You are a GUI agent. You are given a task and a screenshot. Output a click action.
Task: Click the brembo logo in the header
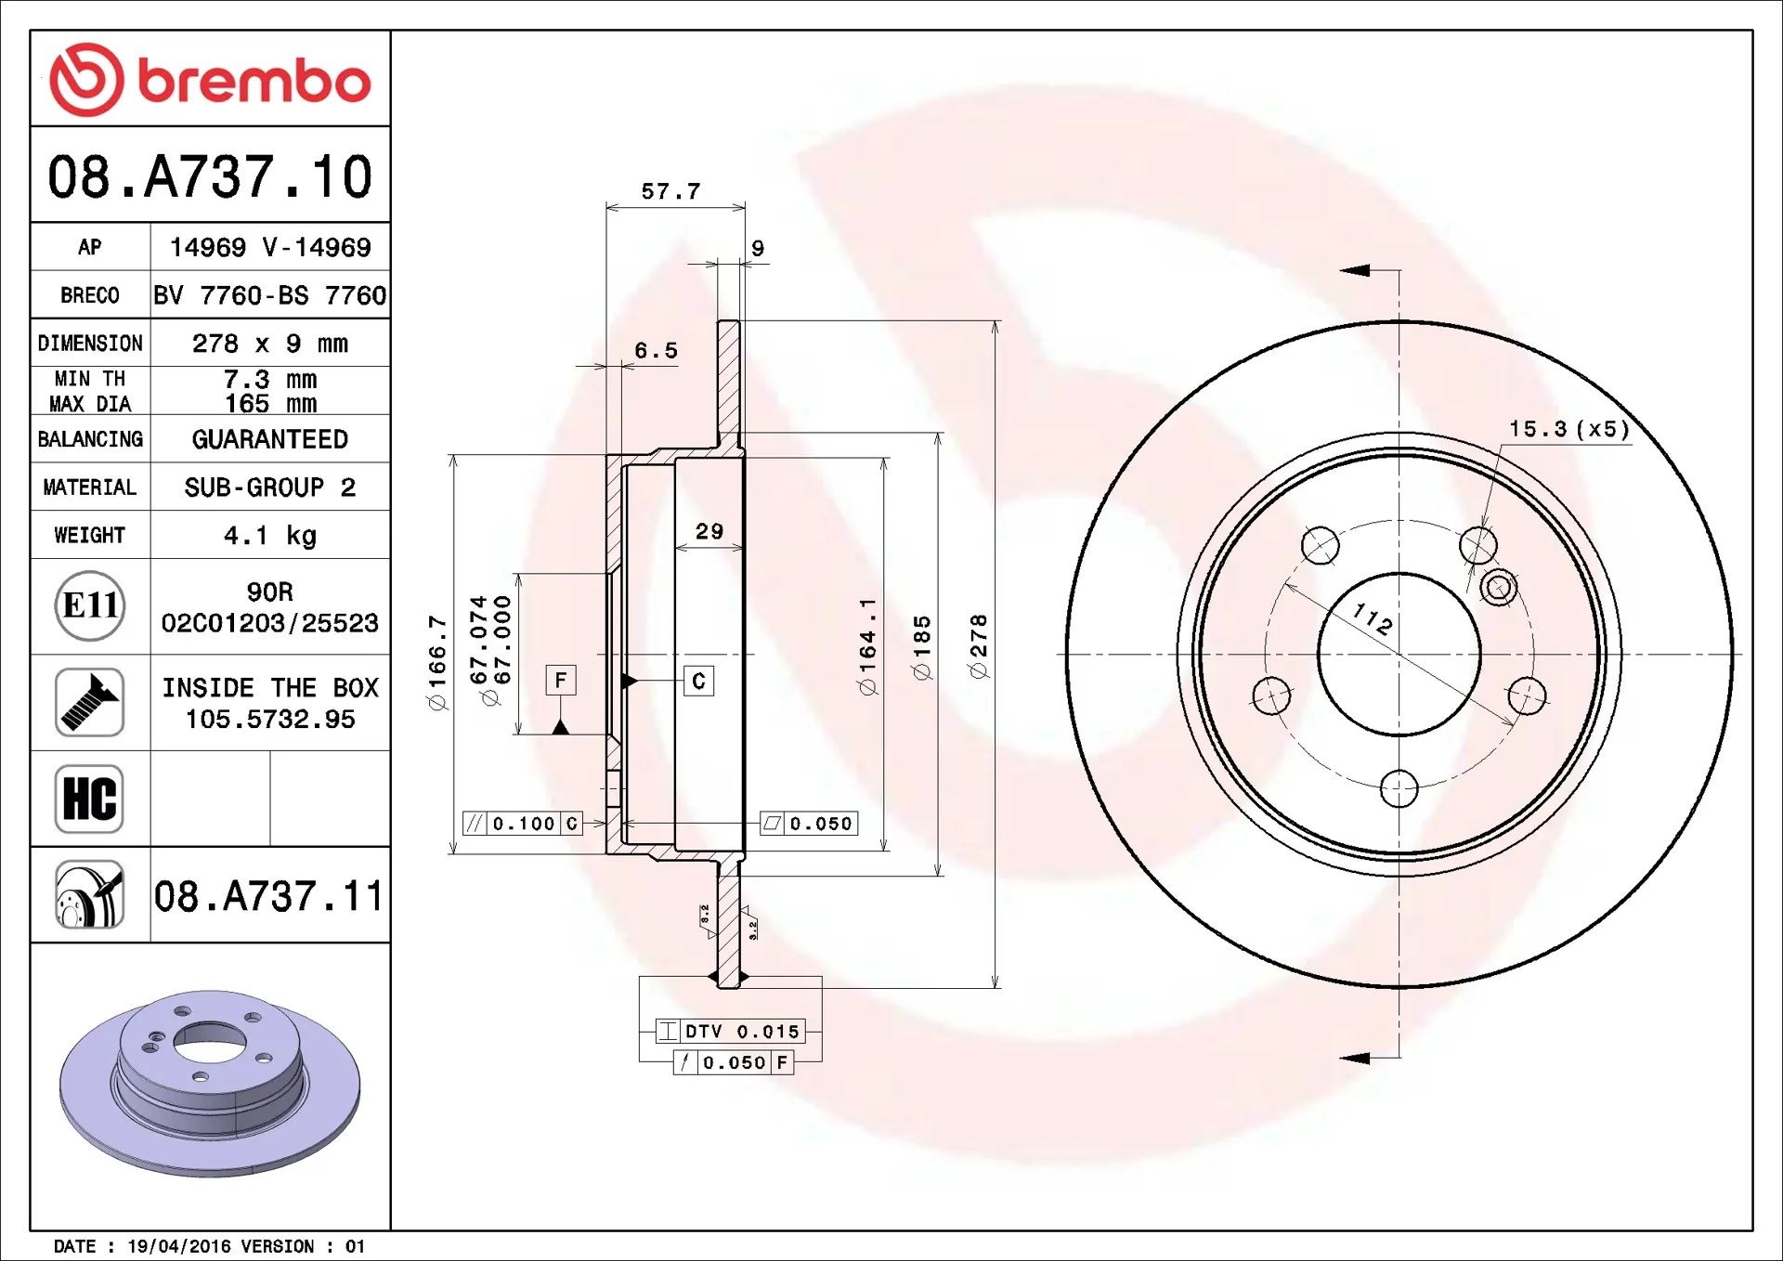click(x=210, y=80)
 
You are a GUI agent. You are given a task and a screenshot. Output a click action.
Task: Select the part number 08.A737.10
click(x=210, y=176)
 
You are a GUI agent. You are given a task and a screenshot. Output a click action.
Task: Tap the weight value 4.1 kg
click(x=270, y=535)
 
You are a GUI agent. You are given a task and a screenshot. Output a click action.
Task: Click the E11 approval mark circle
click(x=90, y=605)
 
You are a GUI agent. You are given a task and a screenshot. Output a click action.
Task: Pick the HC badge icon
click(x=89, y=799)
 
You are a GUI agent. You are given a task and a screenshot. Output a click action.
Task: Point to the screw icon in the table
click(x=89, y=702)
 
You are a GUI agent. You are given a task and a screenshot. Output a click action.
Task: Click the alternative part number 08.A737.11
click(x=268, y=896)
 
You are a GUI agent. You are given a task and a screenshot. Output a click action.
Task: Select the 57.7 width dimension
click(x=670, y=191)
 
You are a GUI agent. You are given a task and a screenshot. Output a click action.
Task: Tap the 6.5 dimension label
click(x=656, y=351)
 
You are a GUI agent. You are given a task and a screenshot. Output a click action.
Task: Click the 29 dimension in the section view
click(x=709, y=531)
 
